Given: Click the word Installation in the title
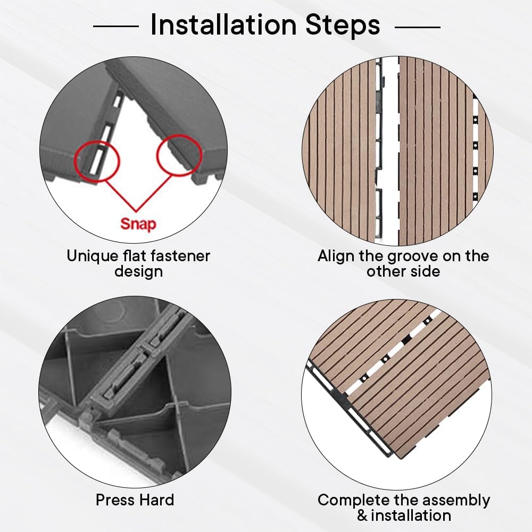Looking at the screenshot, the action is (x=223, y=24).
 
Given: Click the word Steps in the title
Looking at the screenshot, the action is (x=343, y=25).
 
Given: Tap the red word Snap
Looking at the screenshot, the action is (x=138, y=224).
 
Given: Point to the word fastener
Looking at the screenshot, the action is (x=178, y=256).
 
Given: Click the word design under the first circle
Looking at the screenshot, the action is (x=138, y=272).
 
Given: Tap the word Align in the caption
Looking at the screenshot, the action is (x=336, y=256).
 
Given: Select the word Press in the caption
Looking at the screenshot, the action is (x=115, y=500).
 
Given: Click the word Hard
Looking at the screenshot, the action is (x=157, y=500).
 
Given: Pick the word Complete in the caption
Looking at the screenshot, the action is (x=349, y=501).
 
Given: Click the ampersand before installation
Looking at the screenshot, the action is (x=362, y=516).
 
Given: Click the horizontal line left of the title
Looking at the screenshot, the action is (x=115, y=26).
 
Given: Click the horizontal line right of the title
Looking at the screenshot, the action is (x=418, y=27).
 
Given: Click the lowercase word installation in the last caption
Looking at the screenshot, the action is (x=411, y=516).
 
